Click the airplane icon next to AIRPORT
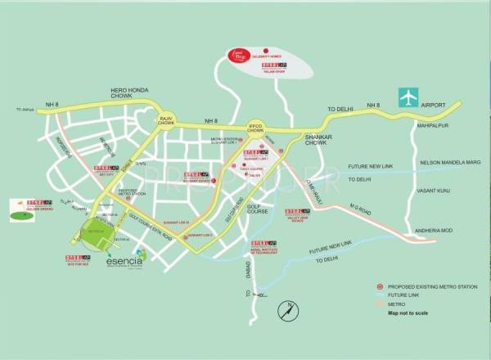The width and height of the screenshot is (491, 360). point(407,97)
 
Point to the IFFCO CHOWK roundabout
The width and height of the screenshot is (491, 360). point(257,127)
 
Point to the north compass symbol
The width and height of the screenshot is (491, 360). point(286,311)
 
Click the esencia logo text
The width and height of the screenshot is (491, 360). point(124,263)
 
